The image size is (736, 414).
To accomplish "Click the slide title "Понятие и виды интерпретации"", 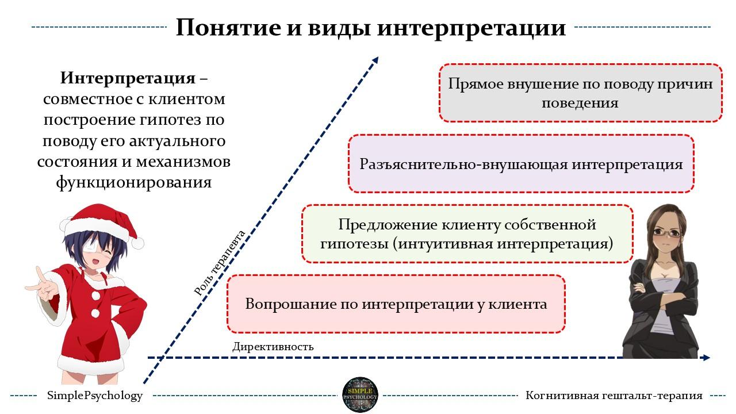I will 370,28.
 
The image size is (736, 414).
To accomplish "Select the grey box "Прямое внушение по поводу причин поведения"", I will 580,93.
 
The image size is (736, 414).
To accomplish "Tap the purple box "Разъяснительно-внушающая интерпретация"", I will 521,164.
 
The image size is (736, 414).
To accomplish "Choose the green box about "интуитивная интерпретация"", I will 467,233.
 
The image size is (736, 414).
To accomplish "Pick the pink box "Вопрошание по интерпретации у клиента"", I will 396,304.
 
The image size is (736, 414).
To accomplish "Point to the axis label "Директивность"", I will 273,347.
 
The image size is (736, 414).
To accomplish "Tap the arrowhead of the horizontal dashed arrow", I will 706,358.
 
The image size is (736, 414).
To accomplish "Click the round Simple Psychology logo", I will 361,396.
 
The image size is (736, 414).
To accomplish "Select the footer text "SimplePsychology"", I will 95,396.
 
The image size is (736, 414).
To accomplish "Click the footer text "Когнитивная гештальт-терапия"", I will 614,396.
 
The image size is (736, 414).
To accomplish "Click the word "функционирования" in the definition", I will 134,182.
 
